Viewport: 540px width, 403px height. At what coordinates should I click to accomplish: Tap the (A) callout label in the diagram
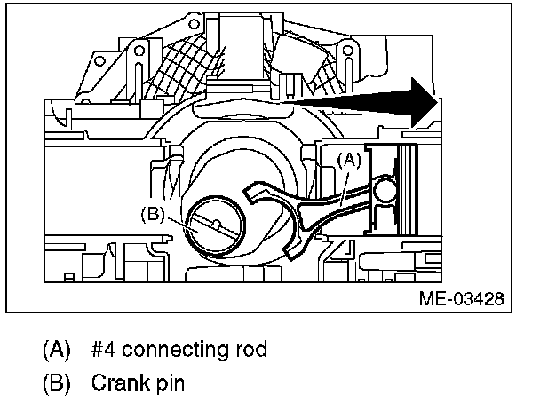(349, 160)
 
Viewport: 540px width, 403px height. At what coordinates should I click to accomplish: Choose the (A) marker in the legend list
(55, 349)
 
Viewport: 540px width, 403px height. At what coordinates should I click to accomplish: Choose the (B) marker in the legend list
(55, 384)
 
